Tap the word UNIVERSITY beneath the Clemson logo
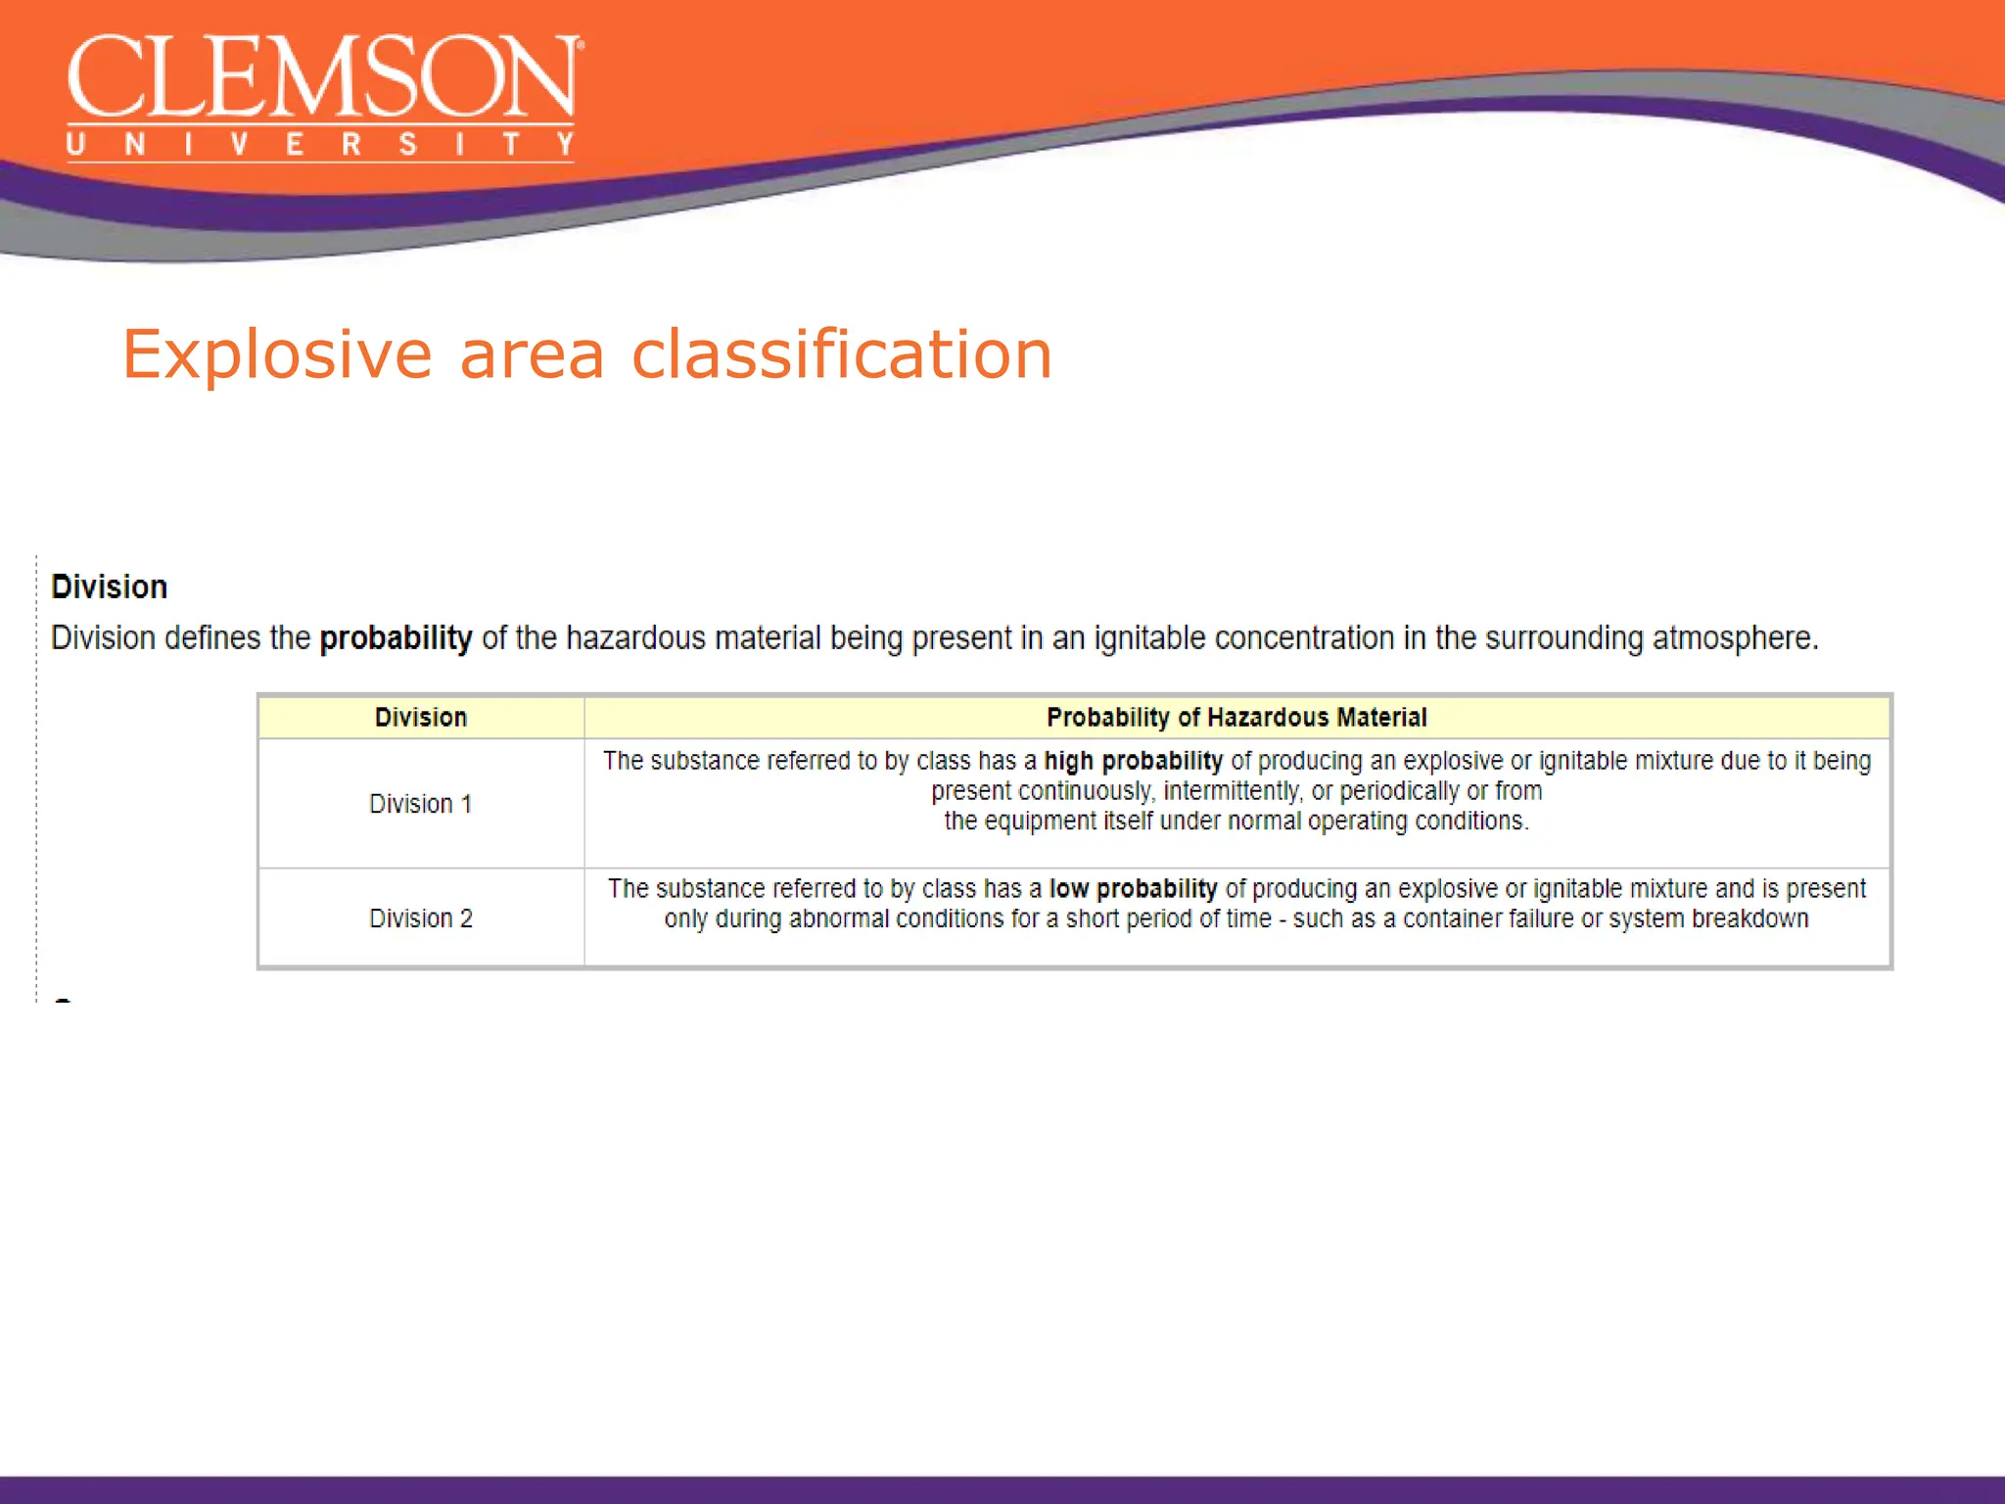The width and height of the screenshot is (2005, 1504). [321, 145]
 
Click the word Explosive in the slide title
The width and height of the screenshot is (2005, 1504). [277, 354]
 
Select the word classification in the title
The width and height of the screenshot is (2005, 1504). [841, 354]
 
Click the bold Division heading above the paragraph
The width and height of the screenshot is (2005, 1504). [109, 587]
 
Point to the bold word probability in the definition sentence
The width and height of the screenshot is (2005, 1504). [396, 638]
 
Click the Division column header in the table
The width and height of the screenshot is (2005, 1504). [421, 718]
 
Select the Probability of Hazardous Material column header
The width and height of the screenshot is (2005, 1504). [1236, 718]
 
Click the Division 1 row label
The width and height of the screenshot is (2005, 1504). [421, 804]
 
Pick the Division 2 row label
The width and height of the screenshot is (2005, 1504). [421, 918]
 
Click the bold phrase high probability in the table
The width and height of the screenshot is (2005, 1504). [1133, 761]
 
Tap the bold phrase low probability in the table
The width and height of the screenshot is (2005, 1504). [1133, 889]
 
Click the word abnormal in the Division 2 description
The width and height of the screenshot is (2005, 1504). [833, 919]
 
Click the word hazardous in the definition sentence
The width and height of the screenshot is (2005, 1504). [635, 638]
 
